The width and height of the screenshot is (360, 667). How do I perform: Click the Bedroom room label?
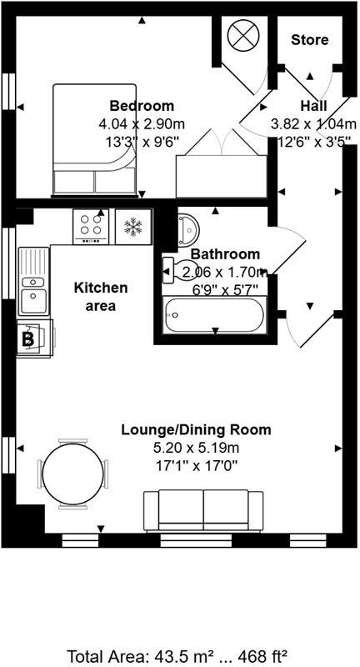(142, 106)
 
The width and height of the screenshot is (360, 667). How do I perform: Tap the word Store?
(309, 39)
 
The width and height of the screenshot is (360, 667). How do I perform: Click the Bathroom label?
(225, 253)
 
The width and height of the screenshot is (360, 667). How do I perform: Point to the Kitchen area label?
(102, 296)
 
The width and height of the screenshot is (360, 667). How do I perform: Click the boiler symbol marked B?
(27, 339)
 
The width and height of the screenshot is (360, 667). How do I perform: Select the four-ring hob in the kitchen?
(92, 225)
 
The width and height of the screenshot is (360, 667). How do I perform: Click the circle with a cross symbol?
(244, 37)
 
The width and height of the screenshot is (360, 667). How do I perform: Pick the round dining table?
(73, 474)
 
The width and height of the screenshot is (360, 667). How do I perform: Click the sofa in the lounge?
(203, 509)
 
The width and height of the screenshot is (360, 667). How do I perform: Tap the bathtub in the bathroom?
(214, 316)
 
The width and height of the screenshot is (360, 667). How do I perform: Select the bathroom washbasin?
(187, 226)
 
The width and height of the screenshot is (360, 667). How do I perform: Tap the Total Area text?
(180, 655)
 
